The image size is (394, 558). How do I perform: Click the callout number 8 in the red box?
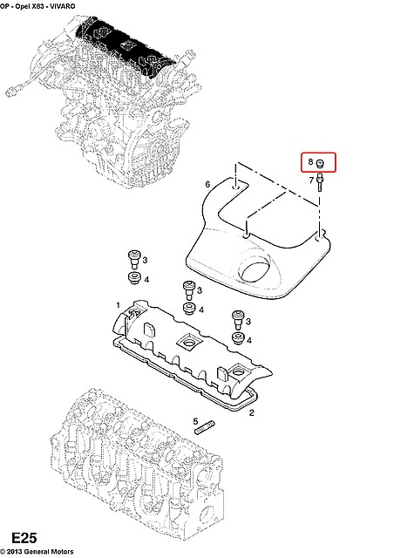pyautogui.click(x=309, y=163)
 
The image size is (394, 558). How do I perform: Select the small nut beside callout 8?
pyautogui.click(x=321, y=163)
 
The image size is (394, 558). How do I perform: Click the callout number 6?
pyautogui.click(x=207, y=184)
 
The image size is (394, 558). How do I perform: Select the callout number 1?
pyautogui.click(x=118, y=304)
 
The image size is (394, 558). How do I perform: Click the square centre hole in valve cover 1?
pyautogui.click(x=186, y=339)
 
